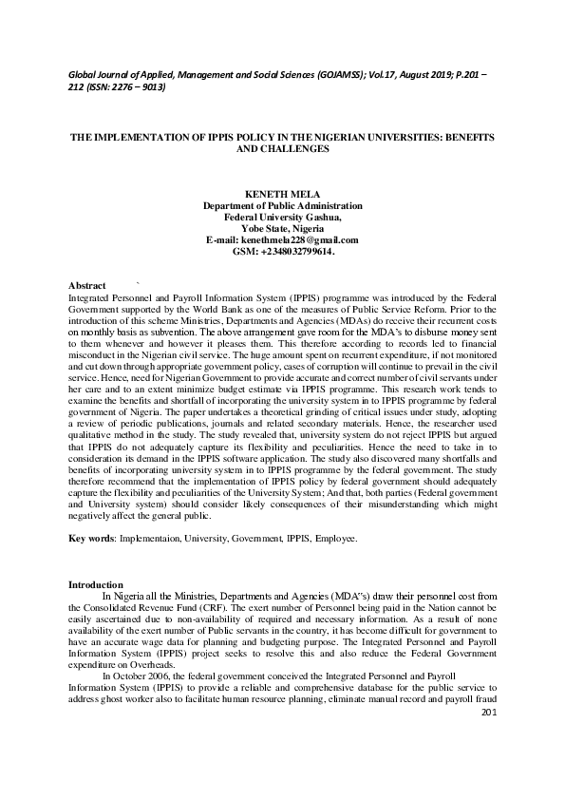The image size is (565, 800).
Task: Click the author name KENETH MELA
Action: coord(282,193)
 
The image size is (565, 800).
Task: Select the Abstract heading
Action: coord(87,285)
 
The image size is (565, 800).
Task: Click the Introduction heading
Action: coord(96,582)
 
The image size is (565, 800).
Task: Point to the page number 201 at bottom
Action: coord(489,738)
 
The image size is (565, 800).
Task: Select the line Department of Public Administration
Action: coord(282,205)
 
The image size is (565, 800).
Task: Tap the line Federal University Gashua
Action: coord(282,217)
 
